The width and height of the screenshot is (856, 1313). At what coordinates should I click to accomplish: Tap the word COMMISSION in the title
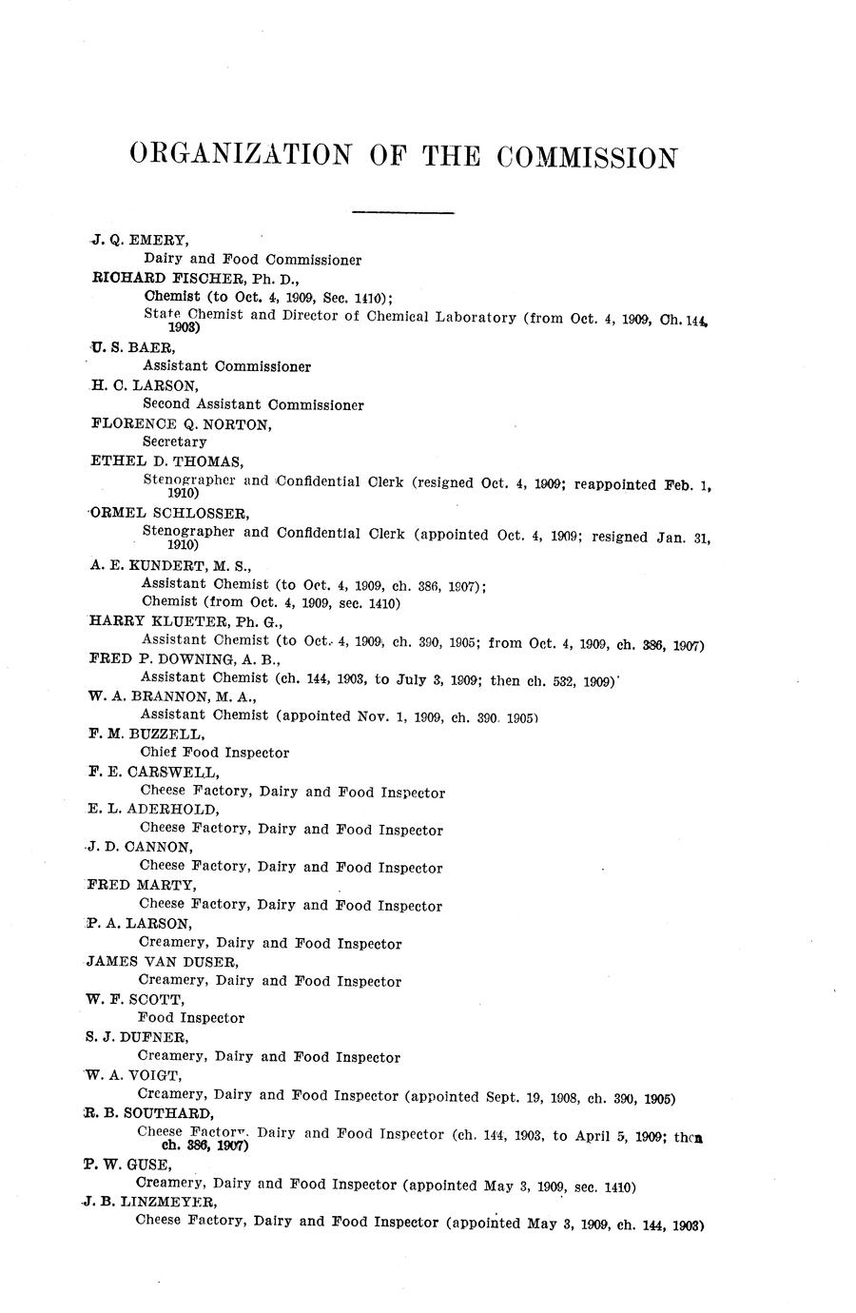click(x=587, y=157)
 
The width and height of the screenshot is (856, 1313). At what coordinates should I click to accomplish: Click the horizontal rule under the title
click(x=403, y=211)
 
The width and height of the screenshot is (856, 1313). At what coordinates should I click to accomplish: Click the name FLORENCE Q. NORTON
click(x=181, y=424)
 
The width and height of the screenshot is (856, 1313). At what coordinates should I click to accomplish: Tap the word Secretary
click(x=174, y=442)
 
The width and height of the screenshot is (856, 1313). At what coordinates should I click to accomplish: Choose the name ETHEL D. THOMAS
click(x=166, y=462)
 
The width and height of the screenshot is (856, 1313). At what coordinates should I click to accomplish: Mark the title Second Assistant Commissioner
click(x=253, y=404)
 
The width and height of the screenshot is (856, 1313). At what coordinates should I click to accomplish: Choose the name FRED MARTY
click(x=138, y=885)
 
